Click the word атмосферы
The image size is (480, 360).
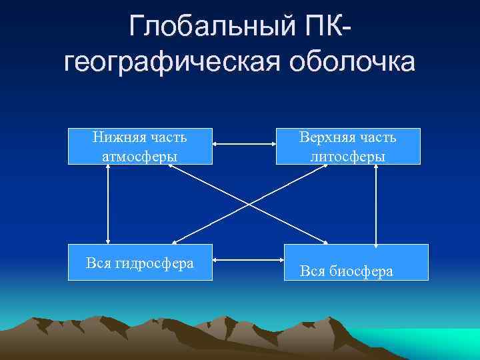click(x=140, y=155)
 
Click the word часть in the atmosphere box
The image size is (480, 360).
click(x=169, y=137)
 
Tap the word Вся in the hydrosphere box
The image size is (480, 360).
click(x=99, y=263)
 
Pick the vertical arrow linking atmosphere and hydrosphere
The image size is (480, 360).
click(x=108, y=204)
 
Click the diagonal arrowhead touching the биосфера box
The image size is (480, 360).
click(x=325, y=242)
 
